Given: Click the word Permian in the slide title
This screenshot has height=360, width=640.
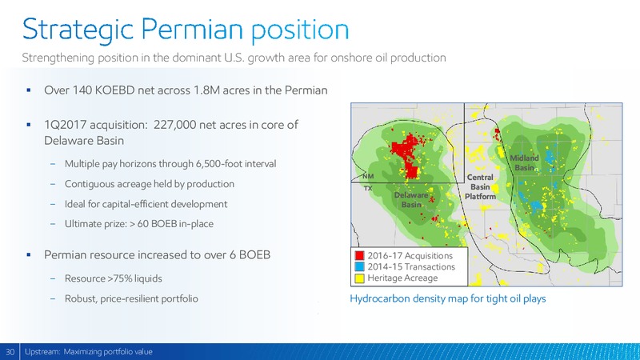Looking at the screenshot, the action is click(x=192, y=30).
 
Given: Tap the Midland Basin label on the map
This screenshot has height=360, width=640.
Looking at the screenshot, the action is click(x=524, y=163).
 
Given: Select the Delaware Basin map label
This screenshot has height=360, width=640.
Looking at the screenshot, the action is click(x=411, y=199).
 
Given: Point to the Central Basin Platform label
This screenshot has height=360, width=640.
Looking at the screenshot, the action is click(x=480, y=187).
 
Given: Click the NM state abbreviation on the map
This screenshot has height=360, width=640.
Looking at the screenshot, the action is click(x=368, y=176).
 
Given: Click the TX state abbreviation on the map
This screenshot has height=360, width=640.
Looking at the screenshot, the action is click(x=368, y=189).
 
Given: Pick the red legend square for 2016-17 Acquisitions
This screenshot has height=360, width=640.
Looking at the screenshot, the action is click(x=359, y=256).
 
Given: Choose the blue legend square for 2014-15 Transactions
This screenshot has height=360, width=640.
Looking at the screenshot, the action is click(x=359, y=267).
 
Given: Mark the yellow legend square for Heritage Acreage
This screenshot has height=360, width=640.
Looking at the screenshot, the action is click(x=359, y=278).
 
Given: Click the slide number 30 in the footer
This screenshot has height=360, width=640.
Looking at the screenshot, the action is click(x=10, y=352).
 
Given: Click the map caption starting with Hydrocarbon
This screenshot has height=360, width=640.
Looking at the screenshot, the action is click(x=448, y=298).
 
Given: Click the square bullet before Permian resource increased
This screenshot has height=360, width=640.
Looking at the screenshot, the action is click(x=29, y=255).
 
